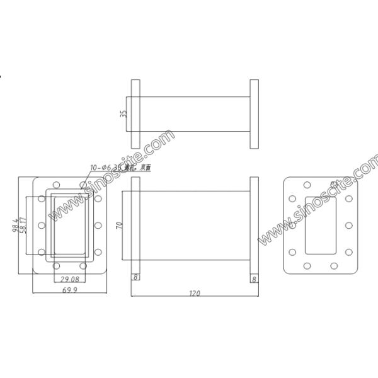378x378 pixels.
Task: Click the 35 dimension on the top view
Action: [124, 114]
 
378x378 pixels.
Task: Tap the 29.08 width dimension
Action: [69, 278]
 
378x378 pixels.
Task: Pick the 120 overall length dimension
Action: [195, 294]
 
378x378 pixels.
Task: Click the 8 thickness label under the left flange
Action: [135, 277]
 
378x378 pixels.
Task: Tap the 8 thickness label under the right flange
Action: [254, 277]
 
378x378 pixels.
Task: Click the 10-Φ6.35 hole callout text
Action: [120, 168]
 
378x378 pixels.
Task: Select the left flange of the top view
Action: [135, 114]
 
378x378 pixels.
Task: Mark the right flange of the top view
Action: [254, 114]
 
